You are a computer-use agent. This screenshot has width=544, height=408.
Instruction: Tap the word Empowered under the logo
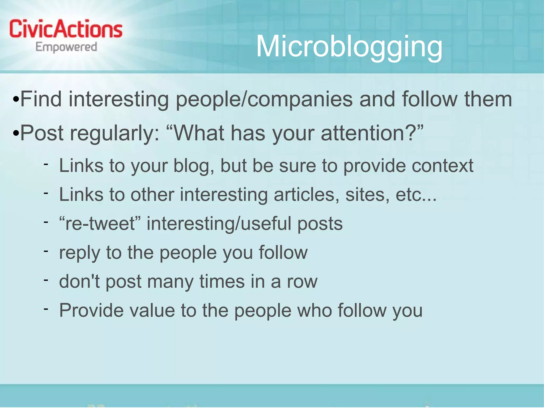[x=66, y=47]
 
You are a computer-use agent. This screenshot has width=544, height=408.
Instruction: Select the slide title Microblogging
[x=349, y=47]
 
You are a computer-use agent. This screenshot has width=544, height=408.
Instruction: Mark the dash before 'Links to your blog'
[x=46, y=164]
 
